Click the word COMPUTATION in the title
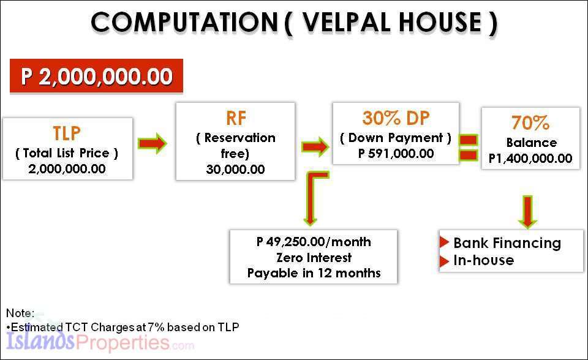pyautogui.click(x=184, y=22)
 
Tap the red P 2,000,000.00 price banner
pyautogui.click(x=96, y=76)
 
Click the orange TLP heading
pyautogui.click(x=67, y=133)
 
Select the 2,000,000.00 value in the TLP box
pyautogui.click(x=67, y=169)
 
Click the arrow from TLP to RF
pyautogui.click(x=152, y=143)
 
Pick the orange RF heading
pyautogui.click(x=236, y=118)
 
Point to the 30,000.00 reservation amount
pyautogui.click(x=235, y=170)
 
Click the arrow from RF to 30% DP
pyautogui.click(x=315, y=146)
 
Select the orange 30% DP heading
pyautogui.click(x=396, y=118)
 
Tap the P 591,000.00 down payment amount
pyautogui.click(x=396, y=154)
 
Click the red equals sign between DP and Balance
pyautogui.click(x=469, y=148)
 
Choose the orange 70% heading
pyautogui.click(x=530, y=122)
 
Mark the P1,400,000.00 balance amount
pyautogui.click(x=530, y=158)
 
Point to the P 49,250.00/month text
pyautogui.click(x=314, y=242)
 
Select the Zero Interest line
pyautogui.click(x=314, y=258)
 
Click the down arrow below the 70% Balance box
pyautogui.click(x=527, y=212)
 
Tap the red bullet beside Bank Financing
pyautogui.click(x=445, y=242)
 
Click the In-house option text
pyautogui.click(x=483, y=260)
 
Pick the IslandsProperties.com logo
pyautogui.click(x=100, y=341)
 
